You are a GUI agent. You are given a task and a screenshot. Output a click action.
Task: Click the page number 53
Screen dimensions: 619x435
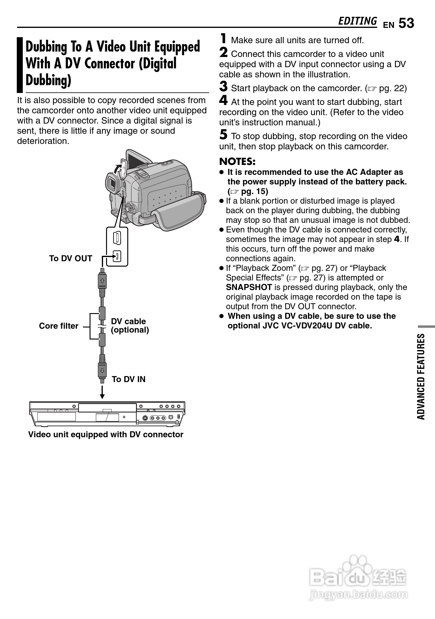pyautogui.click(x=406, y=23)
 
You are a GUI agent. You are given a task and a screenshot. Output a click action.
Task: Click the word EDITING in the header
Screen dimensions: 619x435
pyautogui.click(x=357, y=21)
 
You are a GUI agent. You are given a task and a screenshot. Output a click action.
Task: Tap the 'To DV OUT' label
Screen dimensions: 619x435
pyautogui.click(x=71, y=259)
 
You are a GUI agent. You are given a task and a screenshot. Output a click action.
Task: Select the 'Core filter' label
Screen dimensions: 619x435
pyautogui.click(x=59, y=326)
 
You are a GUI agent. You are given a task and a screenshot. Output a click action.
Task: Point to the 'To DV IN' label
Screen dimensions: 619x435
pyautogui.click(x=129, y=379)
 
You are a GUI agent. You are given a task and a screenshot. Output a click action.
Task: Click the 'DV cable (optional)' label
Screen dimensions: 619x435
pyautogui.click(x=130, y=326)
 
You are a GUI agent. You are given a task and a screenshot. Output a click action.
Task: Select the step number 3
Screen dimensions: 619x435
pyautogui.click(x=223, y=87)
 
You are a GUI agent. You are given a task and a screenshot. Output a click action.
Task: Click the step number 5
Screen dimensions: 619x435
pyautogui.click(x=223, y=135)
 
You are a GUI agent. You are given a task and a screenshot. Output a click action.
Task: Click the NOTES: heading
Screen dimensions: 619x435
pyautogui.click(x=237, y=162)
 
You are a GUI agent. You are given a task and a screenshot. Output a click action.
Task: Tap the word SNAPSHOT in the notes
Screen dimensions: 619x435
pyautogui.click(x=249, y=287)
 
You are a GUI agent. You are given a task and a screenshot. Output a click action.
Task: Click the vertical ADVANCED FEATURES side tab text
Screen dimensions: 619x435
pyautogui.click(x=421, y=376)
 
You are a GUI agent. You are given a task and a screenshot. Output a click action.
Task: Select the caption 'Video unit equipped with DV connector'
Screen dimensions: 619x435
pyautogui.click(x=106, y=435)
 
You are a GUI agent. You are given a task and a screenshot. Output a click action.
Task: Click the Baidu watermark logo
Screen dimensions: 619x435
pyautogui.click(x=358, y=579)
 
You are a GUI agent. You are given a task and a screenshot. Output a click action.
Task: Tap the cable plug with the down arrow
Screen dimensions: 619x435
pyautogui.click(x=102, y=369)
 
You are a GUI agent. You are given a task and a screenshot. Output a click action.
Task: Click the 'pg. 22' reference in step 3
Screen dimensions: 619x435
pyautogui.click(x=392, y=88)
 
